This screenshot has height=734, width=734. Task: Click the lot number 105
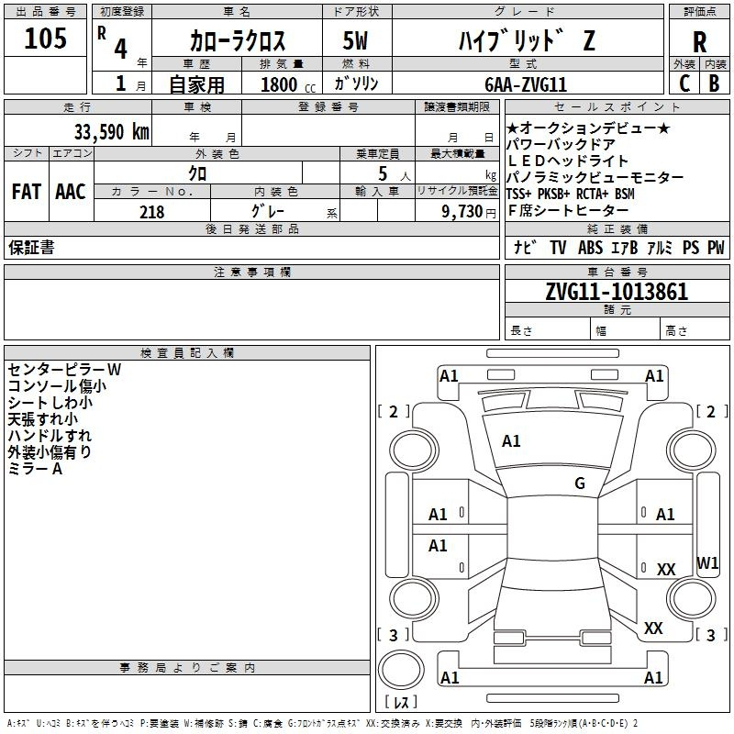46,39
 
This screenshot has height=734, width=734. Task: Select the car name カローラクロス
238,40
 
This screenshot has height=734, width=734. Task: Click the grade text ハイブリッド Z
525,40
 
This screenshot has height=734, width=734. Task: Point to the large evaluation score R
699,42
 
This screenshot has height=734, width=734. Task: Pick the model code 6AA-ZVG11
526,83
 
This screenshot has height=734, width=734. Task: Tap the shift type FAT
26,192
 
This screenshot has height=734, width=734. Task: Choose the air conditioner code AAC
70,192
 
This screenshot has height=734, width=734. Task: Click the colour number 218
151,212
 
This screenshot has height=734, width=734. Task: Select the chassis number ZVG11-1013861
617,292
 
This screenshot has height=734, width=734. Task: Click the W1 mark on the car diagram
707,562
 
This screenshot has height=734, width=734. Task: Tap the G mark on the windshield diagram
580,483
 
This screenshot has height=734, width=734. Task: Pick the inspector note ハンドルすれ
50,436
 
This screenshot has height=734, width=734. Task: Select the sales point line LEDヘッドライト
568,161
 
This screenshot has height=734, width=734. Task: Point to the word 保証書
31,248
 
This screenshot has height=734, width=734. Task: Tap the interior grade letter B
714,83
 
